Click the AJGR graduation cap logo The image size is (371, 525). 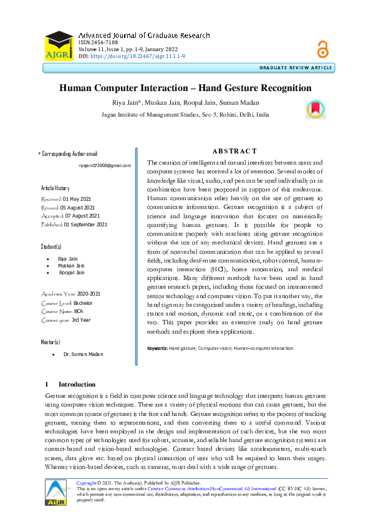(58, 46)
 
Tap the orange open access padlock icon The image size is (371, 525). (322, 48)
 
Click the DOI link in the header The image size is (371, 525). (138, 56)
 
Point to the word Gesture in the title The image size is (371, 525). (237, 88)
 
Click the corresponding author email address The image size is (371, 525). (105, 165)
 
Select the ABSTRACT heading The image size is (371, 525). (234, 152)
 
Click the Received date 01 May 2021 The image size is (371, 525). (78, 198)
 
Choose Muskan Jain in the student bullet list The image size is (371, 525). (71, 265)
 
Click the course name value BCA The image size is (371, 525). (78, 311)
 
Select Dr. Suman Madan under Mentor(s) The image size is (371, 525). (83, 354)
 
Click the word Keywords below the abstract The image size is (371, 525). (157, 348)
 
